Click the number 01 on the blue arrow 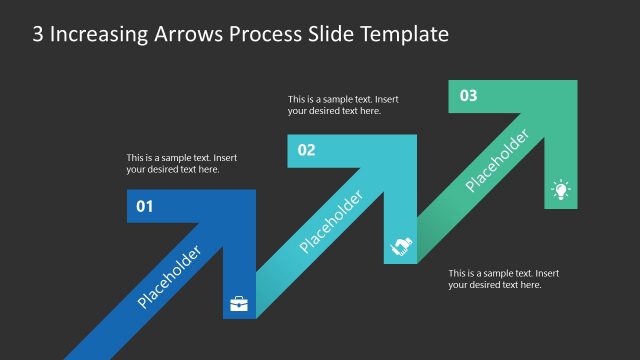pos(144,208)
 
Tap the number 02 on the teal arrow pos(306,151)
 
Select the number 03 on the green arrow pos(468,96)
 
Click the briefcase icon pos(239,303)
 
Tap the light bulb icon pos(561,190)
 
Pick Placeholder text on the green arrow pos(496,161)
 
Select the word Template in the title pos(404,35)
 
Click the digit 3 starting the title pos(38,34)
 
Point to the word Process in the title pos(266,34)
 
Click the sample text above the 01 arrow pos(181,164)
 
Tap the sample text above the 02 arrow pos(343,105)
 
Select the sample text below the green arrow pos(503,279)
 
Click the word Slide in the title pos(330,34)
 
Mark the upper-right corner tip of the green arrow pos(575,82)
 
